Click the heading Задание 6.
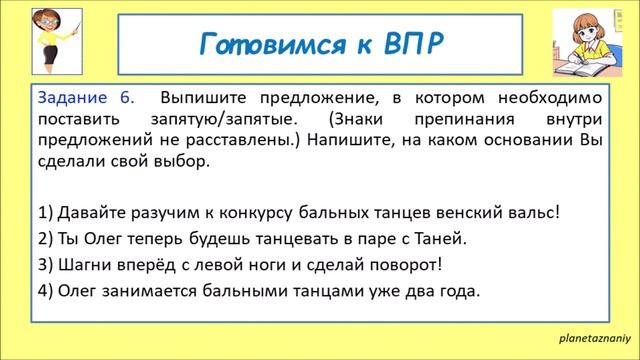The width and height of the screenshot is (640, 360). [84, 98]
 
